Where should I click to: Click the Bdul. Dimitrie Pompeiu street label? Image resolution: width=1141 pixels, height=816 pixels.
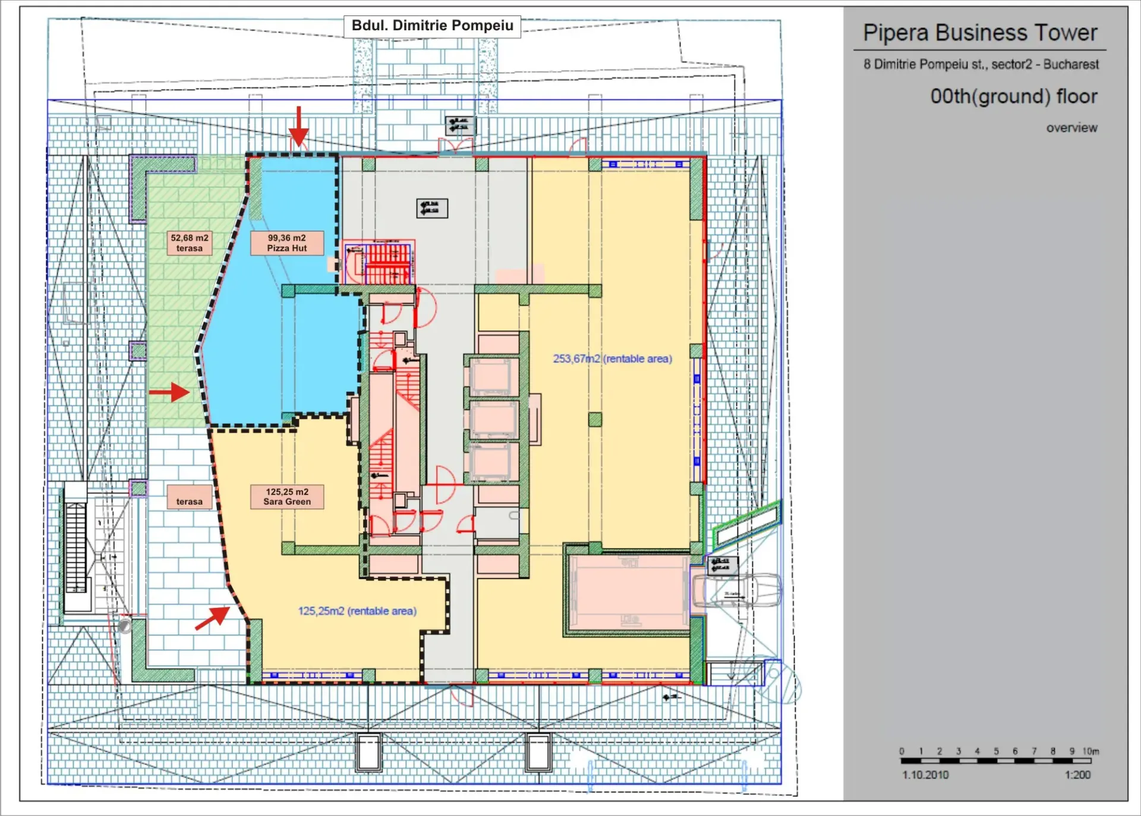(x=432, y=26)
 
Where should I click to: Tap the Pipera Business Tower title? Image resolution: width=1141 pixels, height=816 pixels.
(x=979, y=33)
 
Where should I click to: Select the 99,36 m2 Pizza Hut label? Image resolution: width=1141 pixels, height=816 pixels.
(x=286, y=242)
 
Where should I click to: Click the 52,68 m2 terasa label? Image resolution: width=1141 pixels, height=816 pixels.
(x=189, y=242)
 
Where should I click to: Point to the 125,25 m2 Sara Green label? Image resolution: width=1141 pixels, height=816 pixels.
(x=286, y=496)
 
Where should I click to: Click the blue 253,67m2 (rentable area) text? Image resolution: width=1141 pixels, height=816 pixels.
(x=612, y=358)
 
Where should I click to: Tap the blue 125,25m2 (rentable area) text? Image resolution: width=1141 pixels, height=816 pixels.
(x=357, y=610)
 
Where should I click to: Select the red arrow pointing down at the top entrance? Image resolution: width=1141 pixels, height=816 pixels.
(x=298, y=126)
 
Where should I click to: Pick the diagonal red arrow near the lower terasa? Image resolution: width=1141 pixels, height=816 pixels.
(x=213, y=617)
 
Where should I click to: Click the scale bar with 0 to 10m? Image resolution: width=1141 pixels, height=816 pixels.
(x=995, y=760)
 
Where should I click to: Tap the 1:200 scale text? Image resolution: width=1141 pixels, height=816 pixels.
(x=1077, y=774)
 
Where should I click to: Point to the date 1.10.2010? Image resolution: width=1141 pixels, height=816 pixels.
(x=925, y=774)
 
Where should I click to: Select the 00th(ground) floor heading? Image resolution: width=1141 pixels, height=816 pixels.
(x=1013, y=96)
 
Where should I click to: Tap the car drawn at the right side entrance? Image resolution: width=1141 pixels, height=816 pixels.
(x=737, y=590)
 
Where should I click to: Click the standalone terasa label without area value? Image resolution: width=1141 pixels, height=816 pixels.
(x=189, y=501)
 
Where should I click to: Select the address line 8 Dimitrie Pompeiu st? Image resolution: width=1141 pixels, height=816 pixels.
(x=981, y=64)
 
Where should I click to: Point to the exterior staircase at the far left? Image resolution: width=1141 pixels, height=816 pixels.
(x=75, y=547)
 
